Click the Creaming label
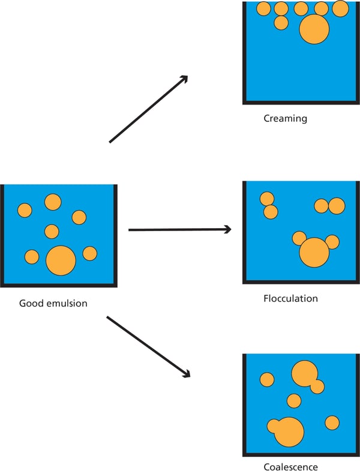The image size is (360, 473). tap(285, 119)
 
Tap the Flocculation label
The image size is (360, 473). tap(290, 298)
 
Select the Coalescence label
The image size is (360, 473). tap(290, 466)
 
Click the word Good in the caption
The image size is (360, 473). tap(31, 303)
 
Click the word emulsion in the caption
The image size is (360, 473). tap(66, 303)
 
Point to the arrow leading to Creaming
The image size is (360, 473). tap(148, 109)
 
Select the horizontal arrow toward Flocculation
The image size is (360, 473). tap(180, 229)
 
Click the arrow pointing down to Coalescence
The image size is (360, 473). tap(148, 346)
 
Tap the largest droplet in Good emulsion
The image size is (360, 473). tap(61, 261)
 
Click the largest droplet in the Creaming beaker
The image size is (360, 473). tap(314, 29)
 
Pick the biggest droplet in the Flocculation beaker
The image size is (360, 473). tap(314, 252)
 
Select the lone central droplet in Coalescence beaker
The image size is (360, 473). tap(293, 400)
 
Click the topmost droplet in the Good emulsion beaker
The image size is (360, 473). tap(53, 202)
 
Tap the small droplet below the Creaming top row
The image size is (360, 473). tap(281, 23)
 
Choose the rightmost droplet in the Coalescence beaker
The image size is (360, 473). tap(332, 423)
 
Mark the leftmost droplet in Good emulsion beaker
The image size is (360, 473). tap(25, 210)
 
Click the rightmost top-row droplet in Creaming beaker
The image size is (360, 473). tap(340, 8)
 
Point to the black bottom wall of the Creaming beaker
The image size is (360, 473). tap(300, 101)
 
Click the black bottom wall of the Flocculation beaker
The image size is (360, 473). tap(300, 281)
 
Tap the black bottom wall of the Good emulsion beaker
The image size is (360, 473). tap(59, 284)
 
